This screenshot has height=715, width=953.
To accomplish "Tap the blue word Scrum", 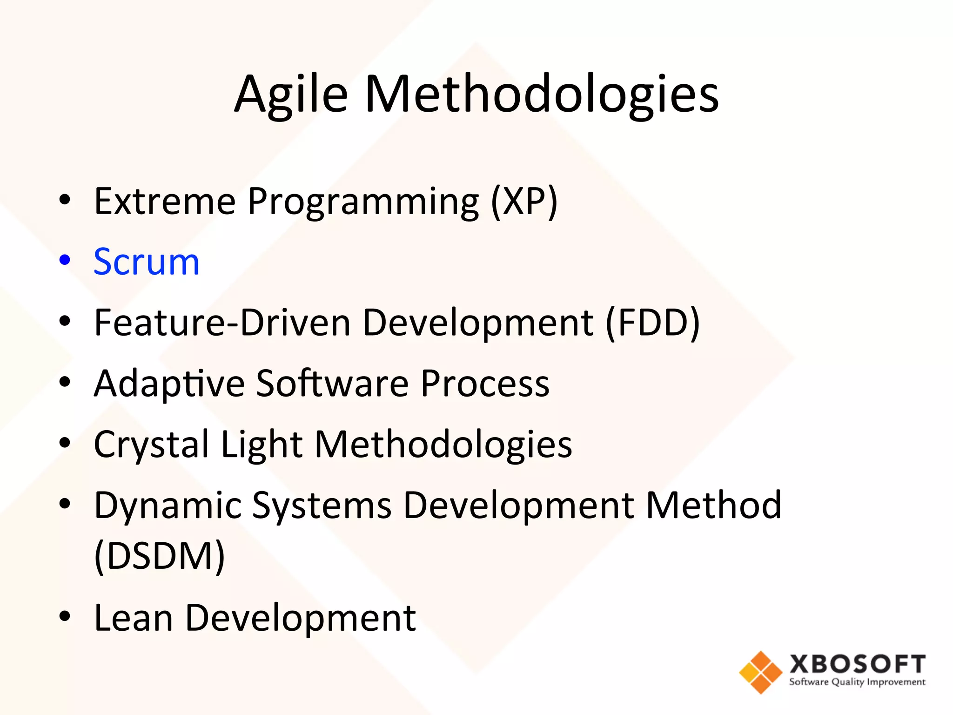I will (147, 262).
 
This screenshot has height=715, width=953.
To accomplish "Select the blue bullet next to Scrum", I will (65, 260).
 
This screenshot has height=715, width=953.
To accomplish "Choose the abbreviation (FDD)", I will (652, 323).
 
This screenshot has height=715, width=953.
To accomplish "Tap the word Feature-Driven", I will (222, 323).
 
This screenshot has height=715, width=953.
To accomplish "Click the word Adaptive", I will (169, 384).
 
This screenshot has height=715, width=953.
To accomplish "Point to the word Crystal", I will (151, 445).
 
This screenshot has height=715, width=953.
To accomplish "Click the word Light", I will (262, 445).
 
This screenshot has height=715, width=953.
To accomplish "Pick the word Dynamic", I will (168, 506).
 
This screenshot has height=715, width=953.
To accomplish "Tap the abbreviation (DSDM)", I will (160, 556).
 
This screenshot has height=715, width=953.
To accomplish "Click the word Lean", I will (134, 618).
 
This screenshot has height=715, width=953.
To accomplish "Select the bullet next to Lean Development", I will (65, 616).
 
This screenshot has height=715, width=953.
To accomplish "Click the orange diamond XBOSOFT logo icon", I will (760, 672).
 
